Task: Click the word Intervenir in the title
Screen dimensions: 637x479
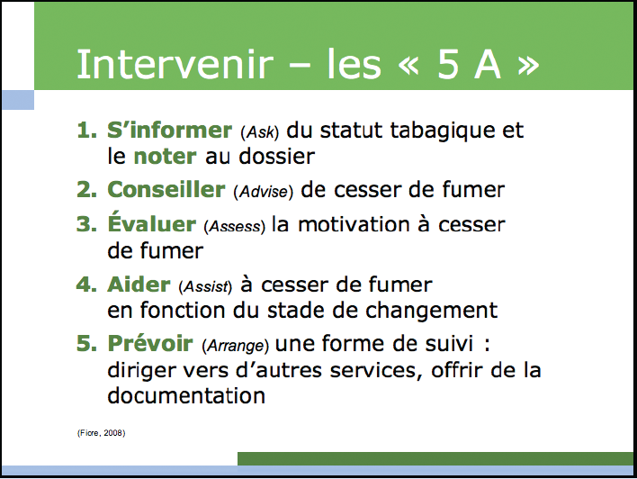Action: [x=175, y=64]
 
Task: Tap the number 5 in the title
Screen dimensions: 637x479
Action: [x=448, y=64]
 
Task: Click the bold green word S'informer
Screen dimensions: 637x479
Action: [x=169, y=131]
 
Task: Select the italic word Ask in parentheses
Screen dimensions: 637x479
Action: [x=260, y=132]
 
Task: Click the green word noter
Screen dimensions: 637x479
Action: [x=165, y=157]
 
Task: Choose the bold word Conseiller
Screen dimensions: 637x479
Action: [x=166, y=189]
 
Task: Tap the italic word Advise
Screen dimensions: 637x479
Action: [x=264, y=192]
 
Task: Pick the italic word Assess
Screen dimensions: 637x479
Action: [x=235, y=226]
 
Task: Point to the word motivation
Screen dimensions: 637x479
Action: [x=354, y=224]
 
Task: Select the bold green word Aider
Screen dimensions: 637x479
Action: [x=139, y=285]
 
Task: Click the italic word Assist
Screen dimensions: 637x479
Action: [x=205, y=286]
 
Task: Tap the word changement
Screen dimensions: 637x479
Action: [x=432, y=312]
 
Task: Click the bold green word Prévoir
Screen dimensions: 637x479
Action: [x=150, y=343]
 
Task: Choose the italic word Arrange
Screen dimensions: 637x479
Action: [x=236, y=346]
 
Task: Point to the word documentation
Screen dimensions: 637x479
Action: [x=186, y=395]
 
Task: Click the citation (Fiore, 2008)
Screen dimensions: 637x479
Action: [x=101, y=433]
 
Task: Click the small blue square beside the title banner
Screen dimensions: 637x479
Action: [x=18, y=100]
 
